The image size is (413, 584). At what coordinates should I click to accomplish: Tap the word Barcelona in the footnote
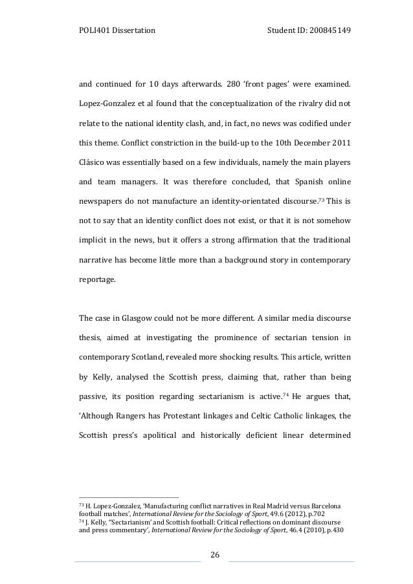pos(331,504)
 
